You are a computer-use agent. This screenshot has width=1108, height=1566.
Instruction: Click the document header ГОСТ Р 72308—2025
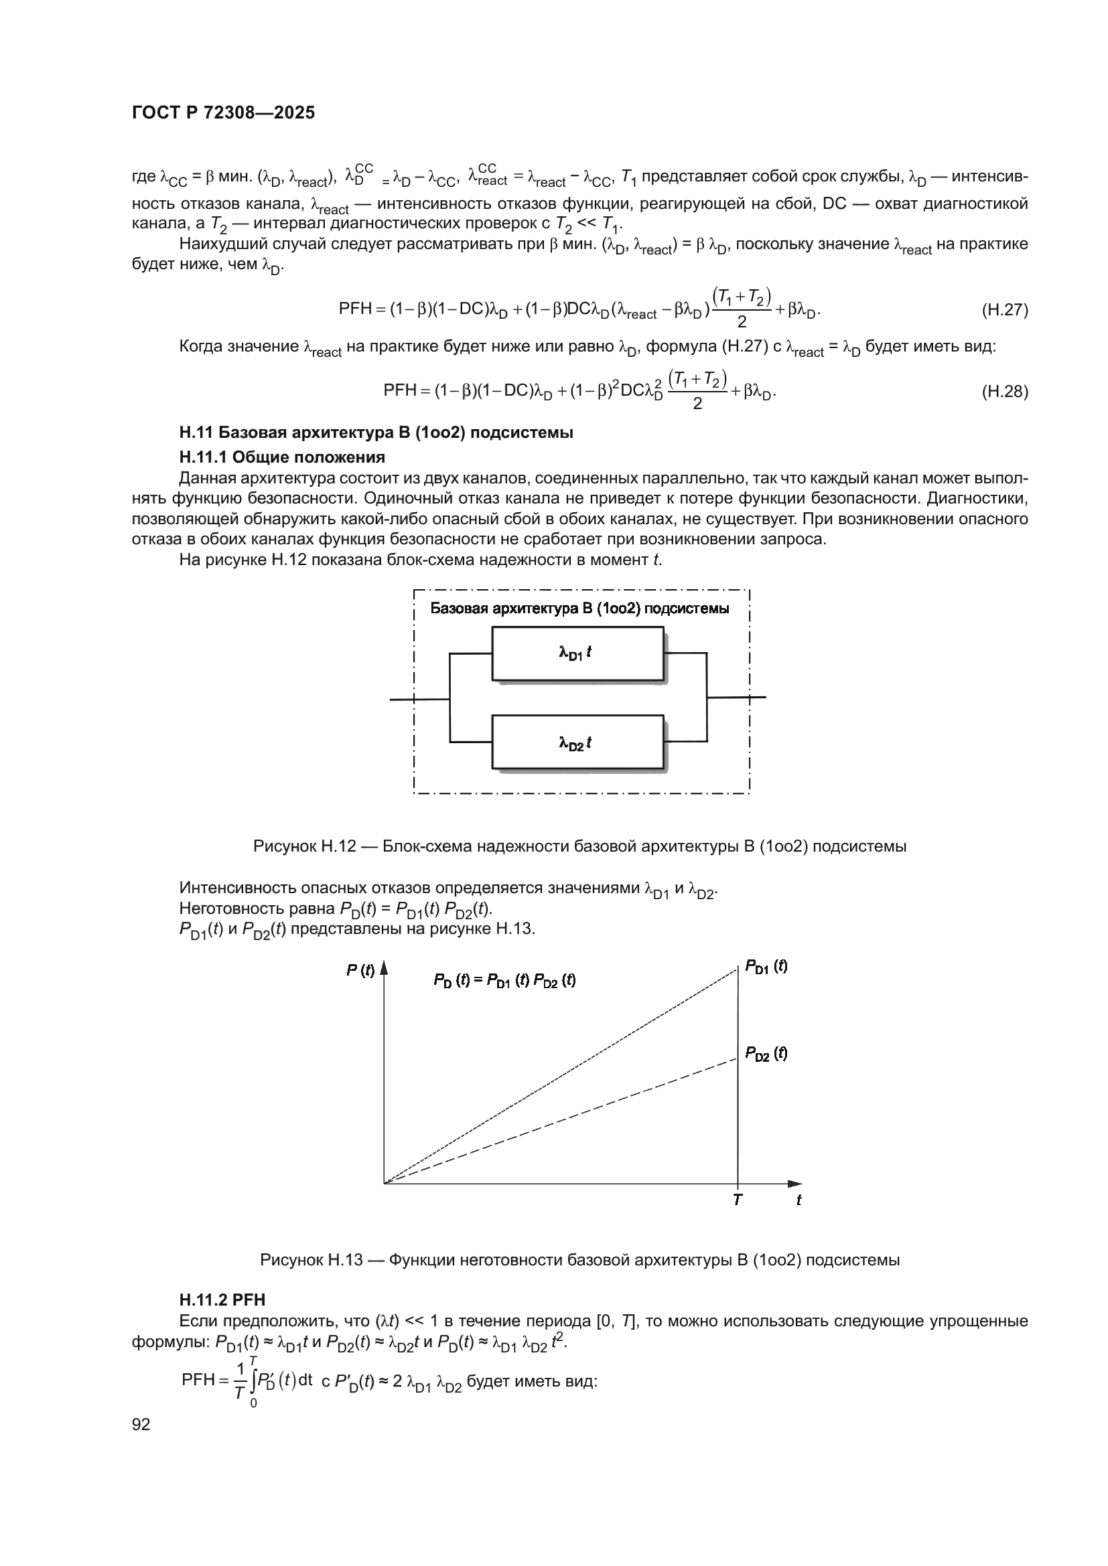click(x=223, y=113)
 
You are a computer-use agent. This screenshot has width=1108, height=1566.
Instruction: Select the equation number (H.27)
click(x=1004, y=311)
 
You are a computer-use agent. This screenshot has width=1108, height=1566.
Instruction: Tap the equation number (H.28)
click(x=1004, y=392)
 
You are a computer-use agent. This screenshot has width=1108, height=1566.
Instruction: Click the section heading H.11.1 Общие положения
click(x=282, y=457)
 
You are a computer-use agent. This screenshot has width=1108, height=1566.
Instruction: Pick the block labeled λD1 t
click(x=577, y=653)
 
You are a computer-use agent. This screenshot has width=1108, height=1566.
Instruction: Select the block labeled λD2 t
click(x=577, y=742)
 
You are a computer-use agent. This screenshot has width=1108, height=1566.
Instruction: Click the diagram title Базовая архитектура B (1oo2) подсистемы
click(x=579, y=609)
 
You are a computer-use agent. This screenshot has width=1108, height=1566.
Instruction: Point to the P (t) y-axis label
click(x=360, y=971)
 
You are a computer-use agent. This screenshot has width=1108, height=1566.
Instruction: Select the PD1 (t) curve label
click(x=766, y=967)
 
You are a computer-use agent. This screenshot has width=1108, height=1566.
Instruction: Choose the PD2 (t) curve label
click(x=766, y=1054)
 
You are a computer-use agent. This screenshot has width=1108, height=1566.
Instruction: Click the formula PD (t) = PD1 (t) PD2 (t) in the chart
click(x=504, y=982)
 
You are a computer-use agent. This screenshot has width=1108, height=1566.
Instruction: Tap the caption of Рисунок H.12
click(x=579, y=846)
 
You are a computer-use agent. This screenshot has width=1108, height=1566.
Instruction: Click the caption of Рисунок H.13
click(x=579, y=1260)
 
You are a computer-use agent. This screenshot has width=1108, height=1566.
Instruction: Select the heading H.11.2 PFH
click(x=222, y=1300)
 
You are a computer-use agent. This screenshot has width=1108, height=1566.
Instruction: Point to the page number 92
click(x=141, y=1424)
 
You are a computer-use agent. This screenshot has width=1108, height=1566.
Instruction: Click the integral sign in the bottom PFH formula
click(x=253, y=1381)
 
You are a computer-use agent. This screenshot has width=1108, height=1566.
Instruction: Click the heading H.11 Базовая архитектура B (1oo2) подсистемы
click(x=376, y=433)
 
